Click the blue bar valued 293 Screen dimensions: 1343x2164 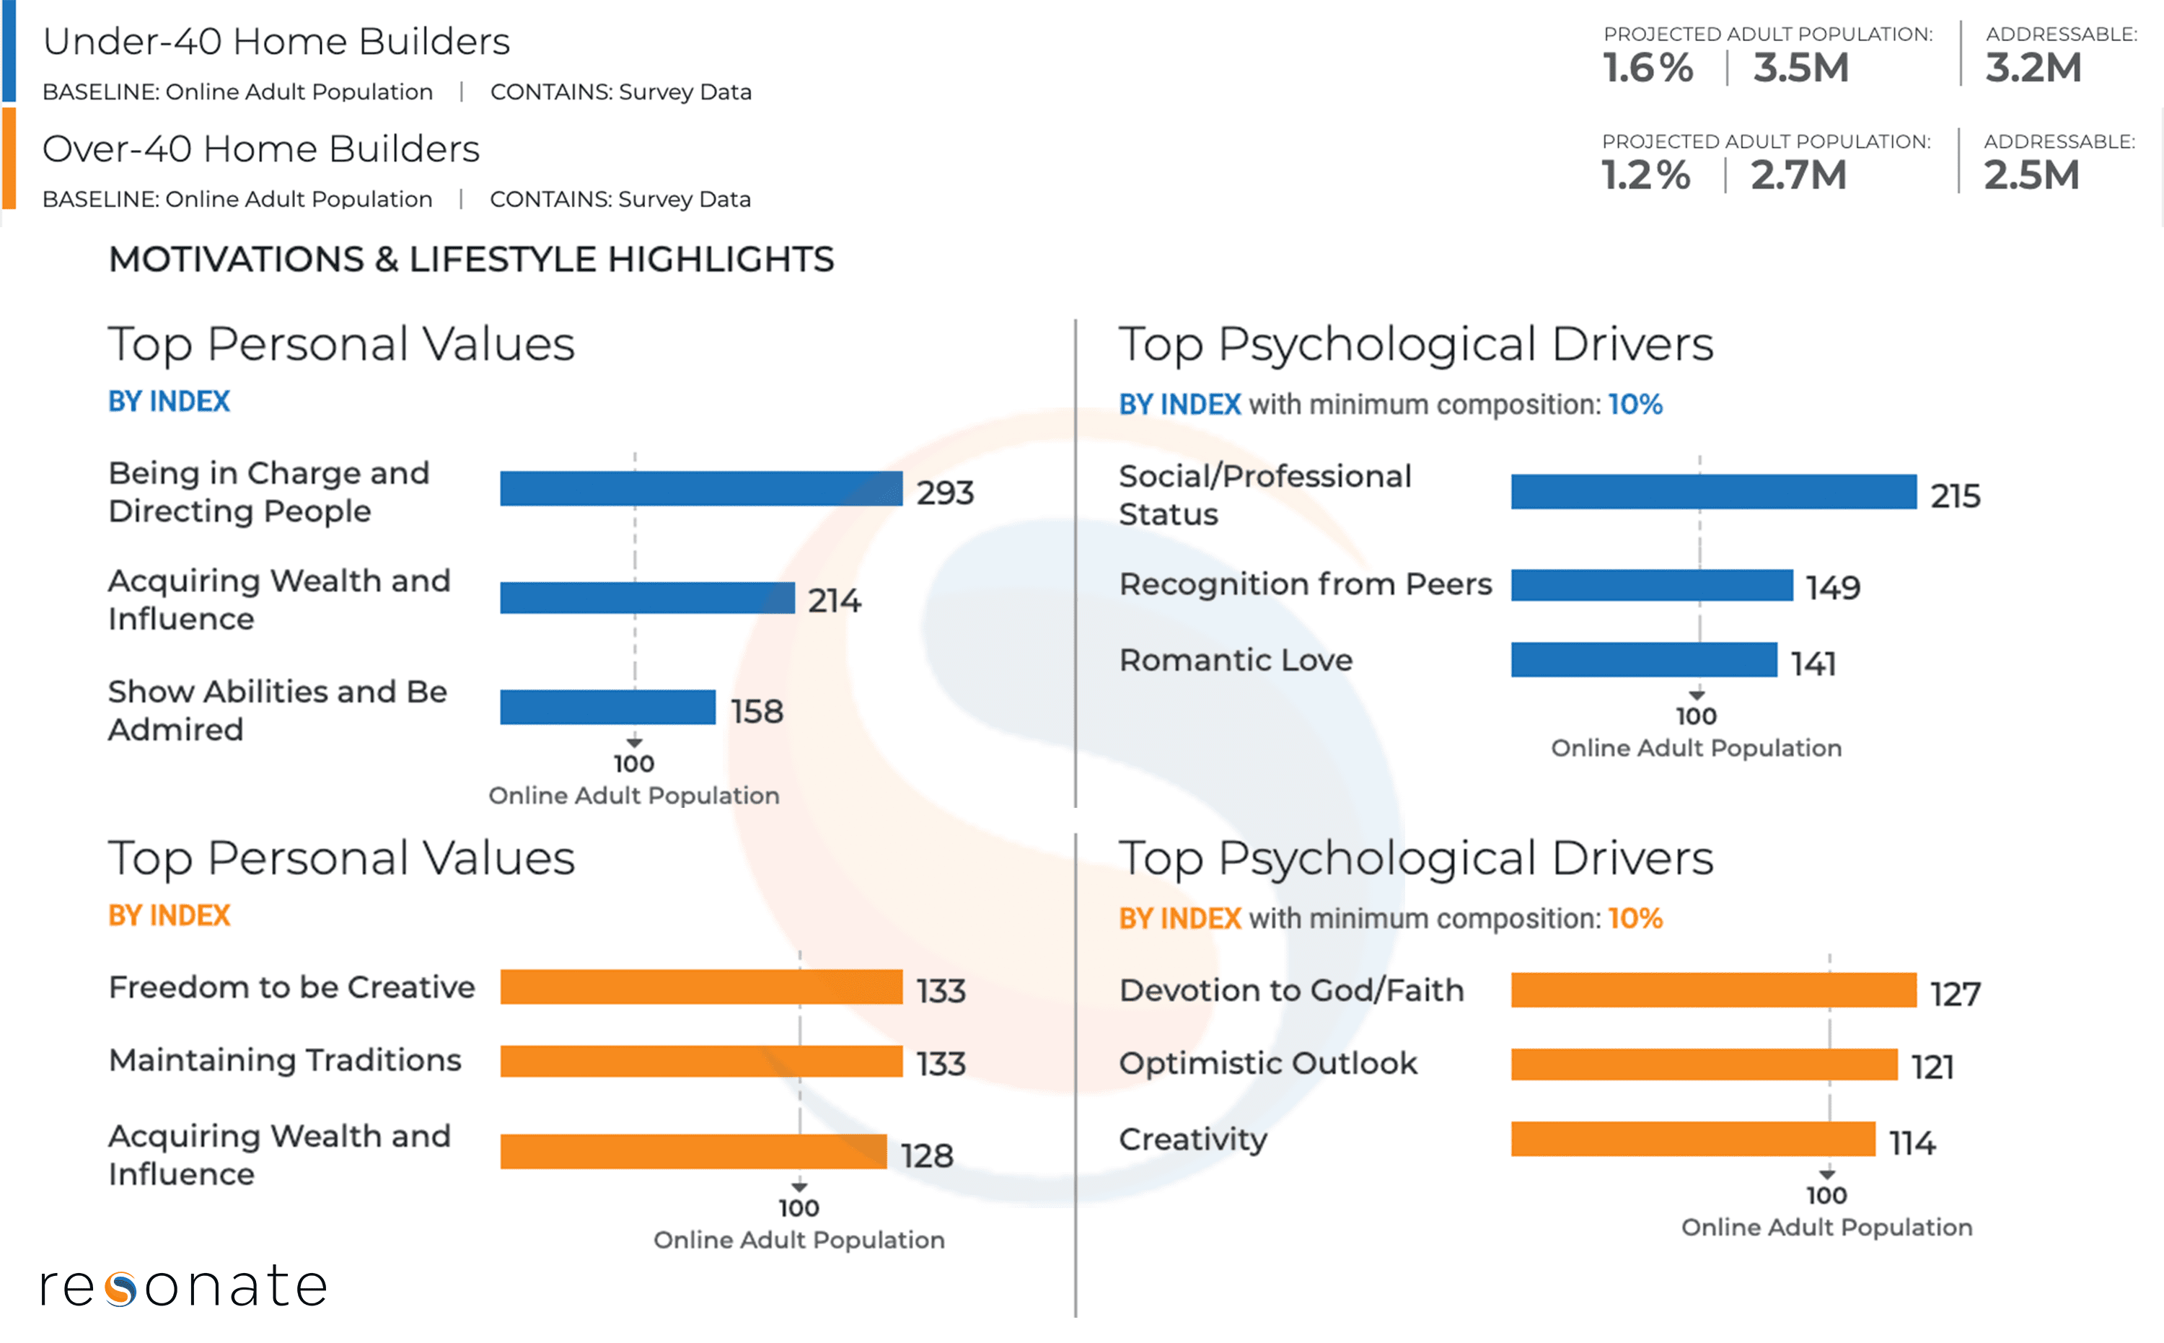(701, 488)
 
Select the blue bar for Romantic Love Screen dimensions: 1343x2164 (1643, 660)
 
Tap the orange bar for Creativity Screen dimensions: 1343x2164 (1692, 1139)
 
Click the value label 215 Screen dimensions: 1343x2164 (1956, 496)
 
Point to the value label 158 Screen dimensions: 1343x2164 (757, 711)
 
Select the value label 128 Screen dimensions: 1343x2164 (926, 1155)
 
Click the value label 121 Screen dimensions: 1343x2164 (1932, 1067)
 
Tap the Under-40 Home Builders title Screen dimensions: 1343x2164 (276, 42)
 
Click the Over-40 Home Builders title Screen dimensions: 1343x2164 (260, 149)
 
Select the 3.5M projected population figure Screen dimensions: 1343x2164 (1800, 69)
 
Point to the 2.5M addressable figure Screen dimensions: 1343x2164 (2032, 175)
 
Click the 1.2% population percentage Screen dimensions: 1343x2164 (1645, 175)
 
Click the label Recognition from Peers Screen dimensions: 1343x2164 (1305, 584)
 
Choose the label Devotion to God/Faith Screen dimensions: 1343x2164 (1290, 990)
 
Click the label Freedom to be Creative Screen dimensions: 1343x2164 (291, 987)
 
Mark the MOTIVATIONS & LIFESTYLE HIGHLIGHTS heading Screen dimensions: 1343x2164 (471, 260)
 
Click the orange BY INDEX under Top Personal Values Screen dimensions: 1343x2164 (169, 916)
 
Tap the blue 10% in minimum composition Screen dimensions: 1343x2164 (1635, 405)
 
